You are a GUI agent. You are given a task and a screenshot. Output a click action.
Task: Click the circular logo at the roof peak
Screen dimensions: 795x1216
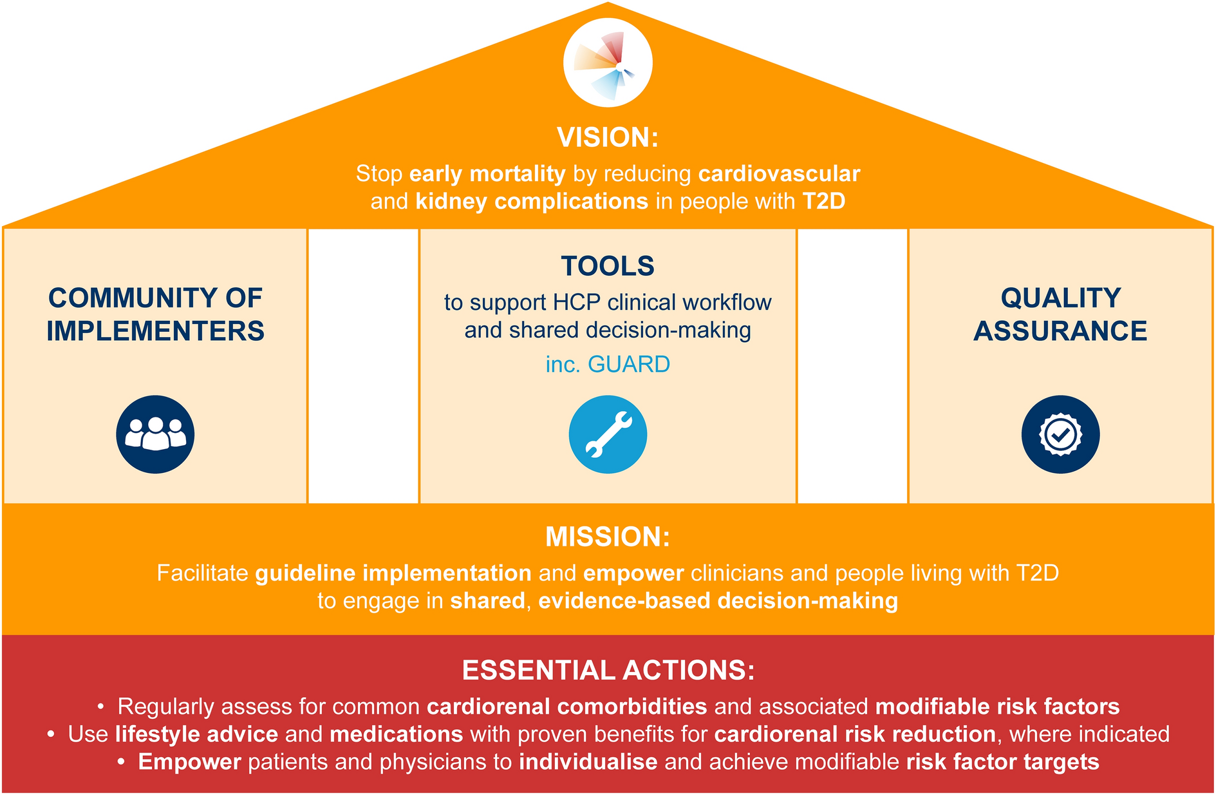[x=608, y=63]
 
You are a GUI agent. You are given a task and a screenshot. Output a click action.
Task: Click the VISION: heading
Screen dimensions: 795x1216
[x=608, y=137]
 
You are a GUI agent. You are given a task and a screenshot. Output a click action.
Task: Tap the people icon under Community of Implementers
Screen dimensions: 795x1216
[x=155, y=434]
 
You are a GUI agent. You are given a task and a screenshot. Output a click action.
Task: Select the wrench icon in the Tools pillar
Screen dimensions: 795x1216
[x=608, y=434]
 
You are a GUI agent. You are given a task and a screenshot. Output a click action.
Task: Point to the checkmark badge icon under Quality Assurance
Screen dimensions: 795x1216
[x=1060, y=434]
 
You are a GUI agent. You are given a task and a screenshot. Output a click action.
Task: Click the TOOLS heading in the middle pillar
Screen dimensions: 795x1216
[x=608, y=266]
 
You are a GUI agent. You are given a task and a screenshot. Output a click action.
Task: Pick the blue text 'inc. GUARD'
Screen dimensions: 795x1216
[x=608, y=365]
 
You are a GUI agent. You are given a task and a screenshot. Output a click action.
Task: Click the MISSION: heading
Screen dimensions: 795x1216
[x=608, y=537]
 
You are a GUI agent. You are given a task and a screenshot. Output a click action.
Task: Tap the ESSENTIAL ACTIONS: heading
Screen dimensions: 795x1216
[x=608, y=670]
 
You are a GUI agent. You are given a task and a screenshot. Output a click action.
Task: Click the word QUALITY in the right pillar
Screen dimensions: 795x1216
[x=1061, y=298]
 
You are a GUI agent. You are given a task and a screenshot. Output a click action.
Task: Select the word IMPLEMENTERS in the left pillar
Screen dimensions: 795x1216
[x=155, y=331]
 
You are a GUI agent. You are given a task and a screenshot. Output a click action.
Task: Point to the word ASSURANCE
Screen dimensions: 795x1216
[x=1060, y=331]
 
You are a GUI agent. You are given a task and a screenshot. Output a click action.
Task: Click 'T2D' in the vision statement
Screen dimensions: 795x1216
[x=824, y=202]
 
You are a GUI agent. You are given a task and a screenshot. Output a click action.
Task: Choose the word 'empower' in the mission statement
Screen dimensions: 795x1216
[x=633, y=573]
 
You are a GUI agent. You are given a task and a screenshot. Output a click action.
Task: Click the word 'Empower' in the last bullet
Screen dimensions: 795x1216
[x=190, y=762]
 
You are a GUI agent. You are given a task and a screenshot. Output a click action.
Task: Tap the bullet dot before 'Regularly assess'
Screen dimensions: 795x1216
[x=101, y=707]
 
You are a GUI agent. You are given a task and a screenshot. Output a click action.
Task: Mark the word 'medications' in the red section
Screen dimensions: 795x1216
[x=397, y=734]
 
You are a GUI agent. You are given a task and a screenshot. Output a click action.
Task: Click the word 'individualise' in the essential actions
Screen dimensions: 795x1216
[x=588, y=762]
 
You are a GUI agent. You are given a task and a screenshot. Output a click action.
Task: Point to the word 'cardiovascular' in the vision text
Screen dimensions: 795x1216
[x=779, y=174]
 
